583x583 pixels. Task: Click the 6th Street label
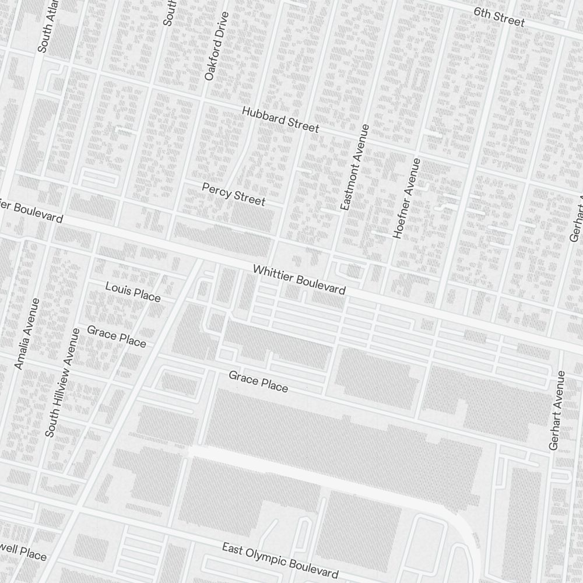click(499, 17)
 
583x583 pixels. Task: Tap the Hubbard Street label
click(280, 119)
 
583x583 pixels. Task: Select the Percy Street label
click(233, 194)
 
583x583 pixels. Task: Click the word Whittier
click(273, 276)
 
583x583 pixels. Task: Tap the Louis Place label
click(132, 291)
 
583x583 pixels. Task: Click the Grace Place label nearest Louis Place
click(117, 336)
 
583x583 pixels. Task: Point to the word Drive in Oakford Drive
click(220, 24)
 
